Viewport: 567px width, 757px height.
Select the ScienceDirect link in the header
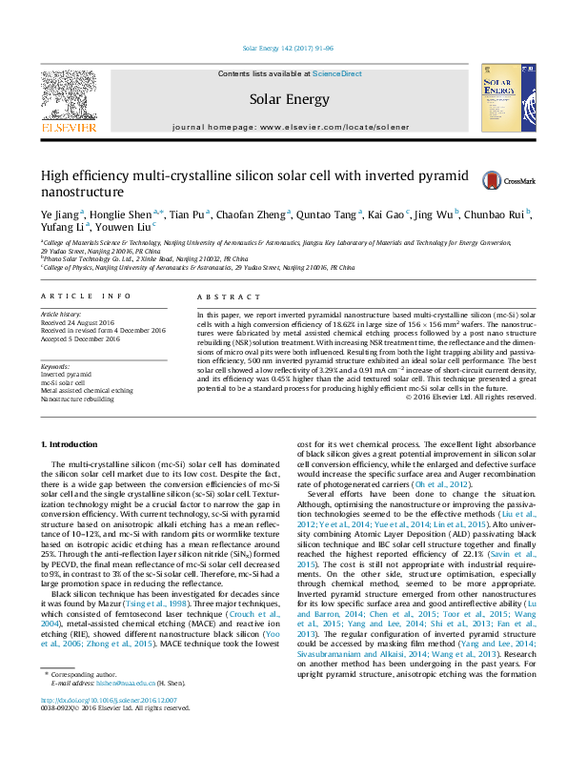[x=336, y=73]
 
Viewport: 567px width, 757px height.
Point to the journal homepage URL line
[x=283, y=127]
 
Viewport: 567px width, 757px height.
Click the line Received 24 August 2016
[x=79, y=322]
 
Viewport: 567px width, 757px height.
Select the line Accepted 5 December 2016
[x=80, y=338]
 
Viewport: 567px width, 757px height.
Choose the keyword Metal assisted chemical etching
[x=88, y=391]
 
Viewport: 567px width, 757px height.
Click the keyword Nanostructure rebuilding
[x=79, y=399]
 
